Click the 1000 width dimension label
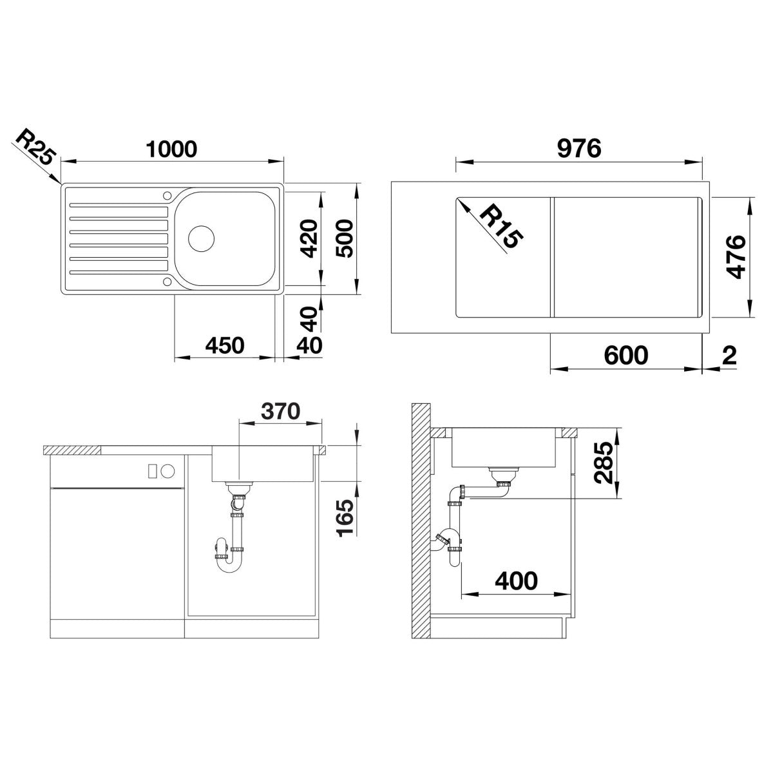click(x=171, y=149)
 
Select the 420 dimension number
click(x=309, y=238)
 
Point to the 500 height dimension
click(x=345, y=238)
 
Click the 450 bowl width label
click(x=225, y=345)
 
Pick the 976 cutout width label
click(x=579, y=149)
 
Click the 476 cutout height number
click(x=736, y=257)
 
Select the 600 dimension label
click(x=626, y=355)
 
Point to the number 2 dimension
click(x=729, y=356)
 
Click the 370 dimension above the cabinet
click(x=280, y=411)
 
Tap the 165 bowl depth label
click(x=345, y=517)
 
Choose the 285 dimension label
click(x=604, y=463)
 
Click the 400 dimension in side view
click(x=516, y=580)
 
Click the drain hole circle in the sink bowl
click(x=202, y=238)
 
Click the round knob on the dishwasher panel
click(x=169, y=471)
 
